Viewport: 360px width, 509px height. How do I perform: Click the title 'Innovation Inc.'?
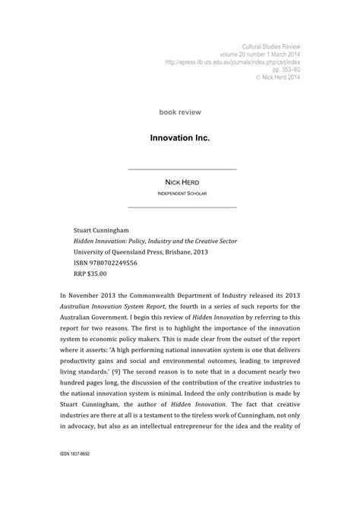(x=182, y=140)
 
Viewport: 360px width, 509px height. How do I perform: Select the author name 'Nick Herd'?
(x=182, y=182)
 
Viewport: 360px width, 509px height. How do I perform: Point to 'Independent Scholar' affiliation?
(x=182, y=194)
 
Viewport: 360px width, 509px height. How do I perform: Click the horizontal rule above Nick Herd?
(x=182, y=169)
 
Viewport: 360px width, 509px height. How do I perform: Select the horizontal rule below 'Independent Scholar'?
(x=182, y=207)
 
